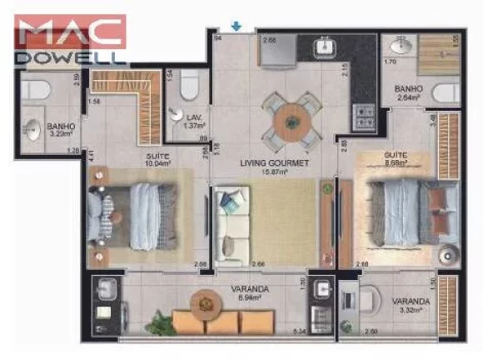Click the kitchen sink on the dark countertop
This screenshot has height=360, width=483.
pos(325,47)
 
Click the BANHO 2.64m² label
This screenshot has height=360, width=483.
pos(410,92)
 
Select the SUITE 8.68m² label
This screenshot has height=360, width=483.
pos(396,159)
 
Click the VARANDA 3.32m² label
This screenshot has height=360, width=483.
pos(411,306)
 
